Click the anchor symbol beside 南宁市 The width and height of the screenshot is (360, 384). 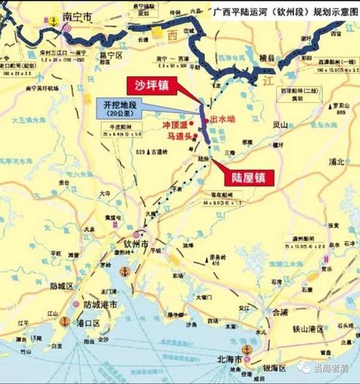point(52,22)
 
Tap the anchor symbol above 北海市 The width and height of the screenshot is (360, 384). point(247,349)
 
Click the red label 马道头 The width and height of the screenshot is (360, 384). point(177,135)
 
